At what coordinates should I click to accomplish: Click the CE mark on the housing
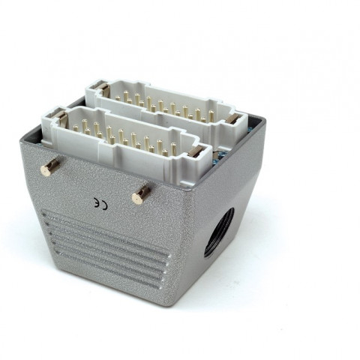pos(100,204)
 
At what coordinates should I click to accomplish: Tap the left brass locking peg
pos(50,166)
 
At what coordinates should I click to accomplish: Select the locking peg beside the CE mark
pos(141,194)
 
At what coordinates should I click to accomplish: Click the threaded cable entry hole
pos(219,232)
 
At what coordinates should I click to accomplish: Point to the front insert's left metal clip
pos(61,118)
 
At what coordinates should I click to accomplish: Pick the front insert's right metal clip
pos(196,151)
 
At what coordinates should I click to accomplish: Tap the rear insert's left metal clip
pos(103,88)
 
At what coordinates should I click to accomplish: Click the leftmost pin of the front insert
pos(76,128)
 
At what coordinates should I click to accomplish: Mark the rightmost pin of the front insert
pos(173,148)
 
